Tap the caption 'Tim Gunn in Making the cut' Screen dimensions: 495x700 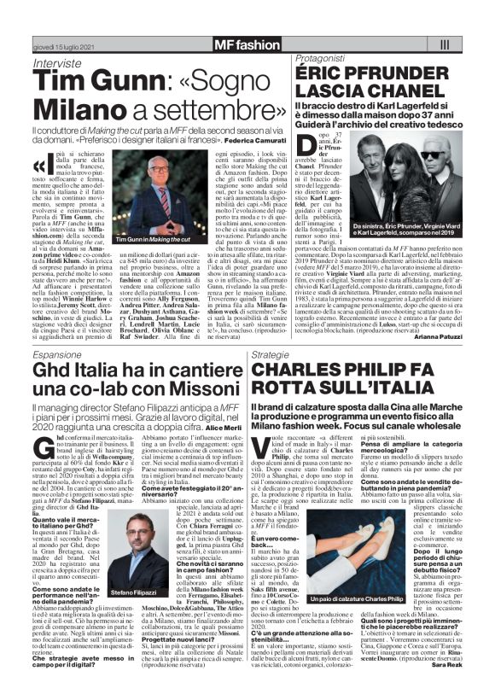pos(161,242)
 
